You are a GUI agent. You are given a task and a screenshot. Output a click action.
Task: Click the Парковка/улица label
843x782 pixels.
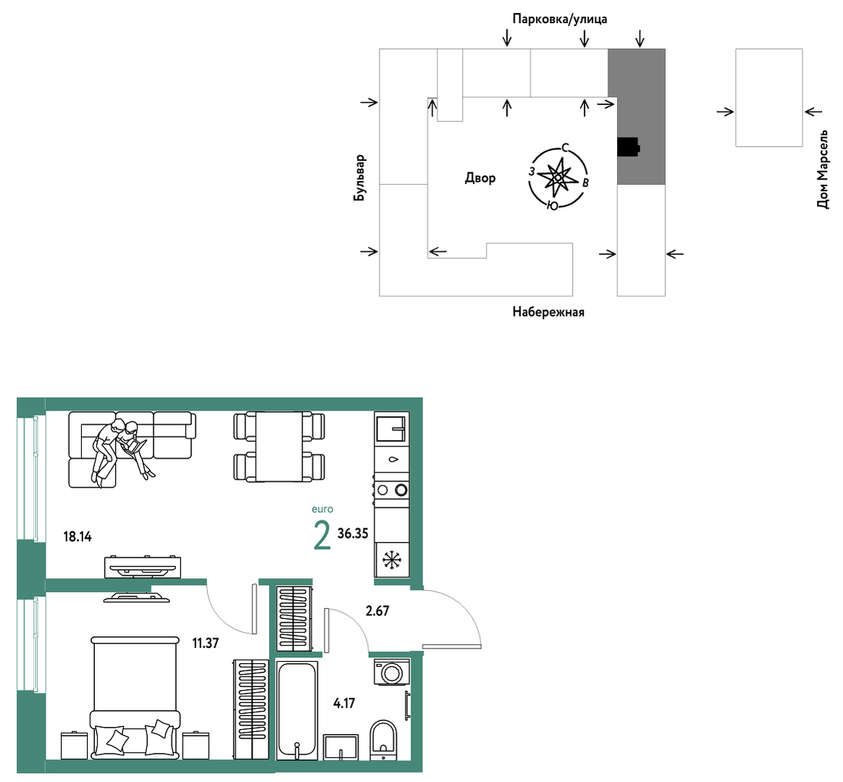point(560,20)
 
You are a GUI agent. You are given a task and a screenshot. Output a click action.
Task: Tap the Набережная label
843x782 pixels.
point(548,312)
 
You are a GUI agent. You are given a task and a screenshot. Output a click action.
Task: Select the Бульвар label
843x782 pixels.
point(359,178)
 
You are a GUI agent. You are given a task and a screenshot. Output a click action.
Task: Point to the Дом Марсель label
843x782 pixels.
point(823,169)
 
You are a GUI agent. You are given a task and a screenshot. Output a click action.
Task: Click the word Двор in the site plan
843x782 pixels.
point(480,178)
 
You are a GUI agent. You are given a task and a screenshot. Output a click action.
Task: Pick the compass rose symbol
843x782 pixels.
point(558,177)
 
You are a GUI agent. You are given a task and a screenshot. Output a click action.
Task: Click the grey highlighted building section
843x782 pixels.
point(637,117)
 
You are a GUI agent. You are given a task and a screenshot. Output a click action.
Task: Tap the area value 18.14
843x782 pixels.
point(77,536)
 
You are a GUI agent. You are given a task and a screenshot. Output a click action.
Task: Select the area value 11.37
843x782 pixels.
point(206,643)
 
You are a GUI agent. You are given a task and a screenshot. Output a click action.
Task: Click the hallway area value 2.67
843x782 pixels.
point(377,611)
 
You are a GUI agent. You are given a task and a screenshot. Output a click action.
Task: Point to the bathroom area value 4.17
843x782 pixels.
point(344,703)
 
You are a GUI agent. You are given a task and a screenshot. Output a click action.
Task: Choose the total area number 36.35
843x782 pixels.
point(353,533)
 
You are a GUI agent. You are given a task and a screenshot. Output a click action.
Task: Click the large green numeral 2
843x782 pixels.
point(322,536)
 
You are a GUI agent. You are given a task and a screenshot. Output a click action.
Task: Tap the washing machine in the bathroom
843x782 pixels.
point(392,673)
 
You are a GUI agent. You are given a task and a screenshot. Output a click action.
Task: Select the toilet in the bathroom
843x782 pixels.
point(383,740)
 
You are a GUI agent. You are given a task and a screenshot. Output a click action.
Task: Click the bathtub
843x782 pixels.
point(297,710)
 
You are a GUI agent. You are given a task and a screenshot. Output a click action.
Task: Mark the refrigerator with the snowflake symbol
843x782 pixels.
point(392,560)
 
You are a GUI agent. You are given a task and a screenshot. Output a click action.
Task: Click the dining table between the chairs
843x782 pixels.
point(279,446)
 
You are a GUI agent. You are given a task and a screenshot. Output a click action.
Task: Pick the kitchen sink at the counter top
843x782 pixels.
point(392,427)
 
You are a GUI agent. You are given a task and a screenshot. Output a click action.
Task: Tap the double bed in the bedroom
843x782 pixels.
point(135,699)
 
